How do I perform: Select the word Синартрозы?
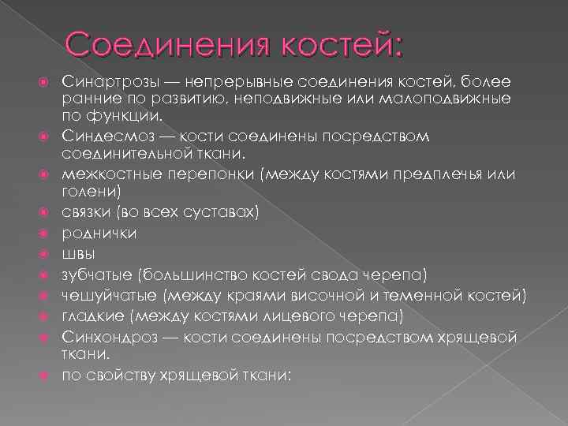(x=102, y=81)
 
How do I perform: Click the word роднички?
(x=99, y=233)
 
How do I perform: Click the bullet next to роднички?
(x=48, y=234)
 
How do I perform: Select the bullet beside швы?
(x=48, y=254)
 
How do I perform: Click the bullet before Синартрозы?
(x=48, y=82)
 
